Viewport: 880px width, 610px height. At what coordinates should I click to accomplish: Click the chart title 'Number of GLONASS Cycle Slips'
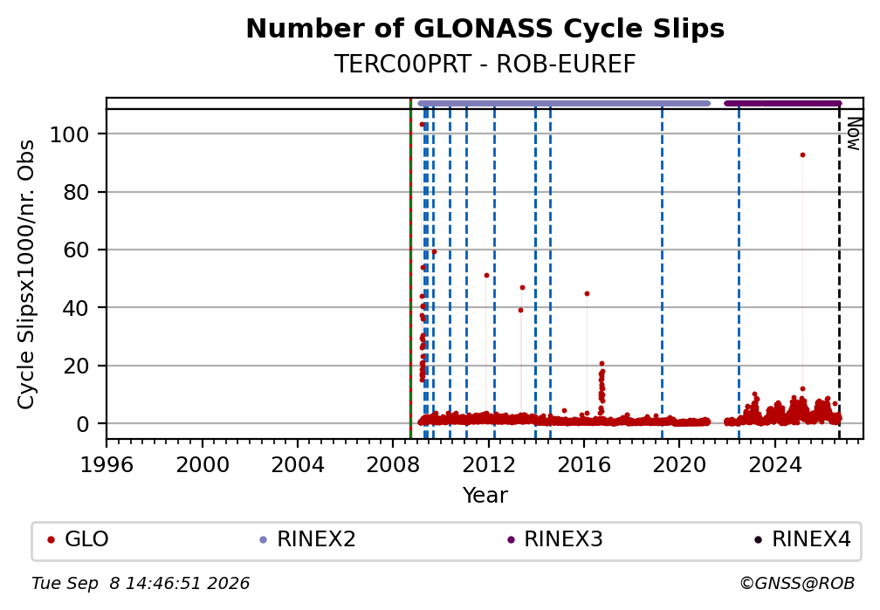point(485,29)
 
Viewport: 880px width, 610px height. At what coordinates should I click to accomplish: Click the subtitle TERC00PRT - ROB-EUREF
point(485,64)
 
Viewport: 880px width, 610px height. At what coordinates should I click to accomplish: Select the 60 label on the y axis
point(76,250)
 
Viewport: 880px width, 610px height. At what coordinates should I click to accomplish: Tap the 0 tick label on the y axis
point(82,424)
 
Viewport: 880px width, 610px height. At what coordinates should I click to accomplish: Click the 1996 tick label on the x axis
point(107,464)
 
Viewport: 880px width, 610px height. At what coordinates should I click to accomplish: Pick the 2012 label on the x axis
point(488,464)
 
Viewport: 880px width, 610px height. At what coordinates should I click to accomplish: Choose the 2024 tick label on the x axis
point(774,464)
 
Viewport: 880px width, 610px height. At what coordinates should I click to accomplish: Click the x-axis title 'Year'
point(485,495)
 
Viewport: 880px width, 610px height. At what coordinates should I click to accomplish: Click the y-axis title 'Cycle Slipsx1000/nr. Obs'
point(26,274)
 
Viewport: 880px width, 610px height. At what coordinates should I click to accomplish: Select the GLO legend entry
point(78,539)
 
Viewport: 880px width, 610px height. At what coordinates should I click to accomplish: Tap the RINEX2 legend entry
point(307,539)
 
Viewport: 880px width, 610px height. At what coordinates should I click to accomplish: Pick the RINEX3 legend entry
point(554,539)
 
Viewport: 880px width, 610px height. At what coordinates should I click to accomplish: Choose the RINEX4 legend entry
point(802,539)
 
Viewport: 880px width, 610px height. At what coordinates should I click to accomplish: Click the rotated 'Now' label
point(853,134)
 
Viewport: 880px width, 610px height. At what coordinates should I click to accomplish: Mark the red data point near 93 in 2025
point(802,154)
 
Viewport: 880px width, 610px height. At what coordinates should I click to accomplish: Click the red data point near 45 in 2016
point(587,293)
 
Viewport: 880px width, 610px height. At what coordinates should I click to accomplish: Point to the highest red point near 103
point(422,125)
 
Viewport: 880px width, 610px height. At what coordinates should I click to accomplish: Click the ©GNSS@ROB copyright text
point(797,584)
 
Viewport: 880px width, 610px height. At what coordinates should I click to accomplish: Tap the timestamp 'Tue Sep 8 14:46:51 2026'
point(141,584)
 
